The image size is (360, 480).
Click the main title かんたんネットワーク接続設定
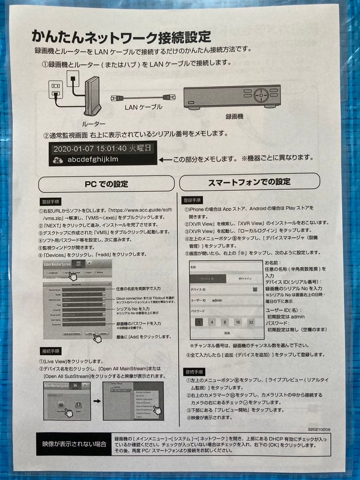[x=121, y=36]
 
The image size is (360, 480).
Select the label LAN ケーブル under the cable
[x=143, y=107]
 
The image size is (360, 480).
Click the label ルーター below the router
[x=93, y=124]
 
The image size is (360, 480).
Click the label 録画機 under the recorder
[x=235, y=116]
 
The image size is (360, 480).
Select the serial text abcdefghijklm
[x=93, y=159]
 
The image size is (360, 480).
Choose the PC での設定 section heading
[x=106, y=184]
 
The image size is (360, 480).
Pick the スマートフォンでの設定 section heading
[x=249, y=182]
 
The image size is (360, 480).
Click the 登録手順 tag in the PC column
[x=52, y=201]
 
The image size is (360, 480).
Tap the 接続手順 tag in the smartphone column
[x=195, y=372]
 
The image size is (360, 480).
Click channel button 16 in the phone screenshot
[x=238, y=322]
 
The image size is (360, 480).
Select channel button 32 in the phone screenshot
[x=252, y=322]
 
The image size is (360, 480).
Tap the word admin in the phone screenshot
[x=218, y=300]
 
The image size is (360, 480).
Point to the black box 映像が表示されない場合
[x=74, y=444]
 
